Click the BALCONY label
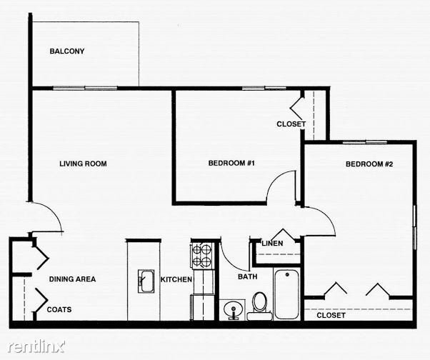67,51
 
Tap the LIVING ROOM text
83,164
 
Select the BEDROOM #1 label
231,163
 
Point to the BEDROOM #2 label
369,164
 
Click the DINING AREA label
72,279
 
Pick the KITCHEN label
176,279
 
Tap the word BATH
248,276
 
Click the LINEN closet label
272,243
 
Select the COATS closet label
59,309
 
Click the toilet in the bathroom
259,306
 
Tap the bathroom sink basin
233,310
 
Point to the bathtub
286,294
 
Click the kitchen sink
146,281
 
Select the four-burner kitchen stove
202,256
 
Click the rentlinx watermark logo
36,346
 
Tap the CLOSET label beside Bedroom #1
291,124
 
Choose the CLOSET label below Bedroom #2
331,315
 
